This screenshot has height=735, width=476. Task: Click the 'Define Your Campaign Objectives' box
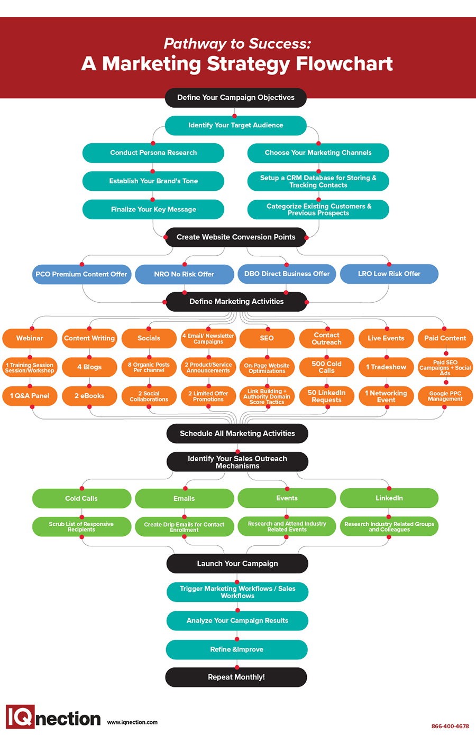click(x=235, y=98)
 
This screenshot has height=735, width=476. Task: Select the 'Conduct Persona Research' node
click(x=153, y=153)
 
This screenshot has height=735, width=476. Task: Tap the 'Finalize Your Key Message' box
click(x=153, y=209)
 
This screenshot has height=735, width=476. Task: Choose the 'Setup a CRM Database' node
click(x=318, y=181)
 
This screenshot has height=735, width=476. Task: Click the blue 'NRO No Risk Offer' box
click(x=184, y=274)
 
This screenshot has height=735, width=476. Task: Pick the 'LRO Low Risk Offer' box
click(x=389, y=274)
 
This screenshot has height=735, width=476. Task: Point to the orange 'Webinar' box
click(x=30, y=338)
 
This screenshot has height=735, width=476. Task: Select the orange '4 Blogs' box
click(x=89, y=367)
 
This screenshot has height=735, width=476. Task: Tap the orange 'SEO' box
click(x=267, y=338)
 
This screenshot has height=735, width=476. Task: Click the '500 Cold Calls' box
click(x=326, y=367)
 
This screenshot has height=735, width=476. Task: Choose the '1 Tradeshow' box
click(x=386, y=367)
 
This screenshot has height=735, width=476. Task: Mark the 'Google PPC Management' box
click(x=445, y=396)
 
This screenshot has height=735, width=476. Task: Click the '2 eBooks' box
click(x=89, y=396)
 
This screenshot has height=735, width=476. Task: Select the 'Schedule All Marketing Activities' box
click(x=237, y=433)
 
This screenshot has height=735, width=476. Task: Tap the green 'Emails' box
click(x=184, y=498)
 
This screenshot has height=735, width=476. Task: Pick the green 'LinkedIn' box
click(x=389, y=498)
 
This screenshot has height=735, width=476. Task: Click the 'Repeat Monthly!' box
click(x=236, y=677)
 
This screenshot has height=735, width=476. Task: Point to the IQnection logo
click(x=53, y=718)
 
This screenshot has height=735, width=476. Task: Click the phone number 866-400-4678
click(x=450, y=726)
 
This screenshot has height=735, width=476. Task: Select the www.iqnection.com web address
click(x=132, y=722)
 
